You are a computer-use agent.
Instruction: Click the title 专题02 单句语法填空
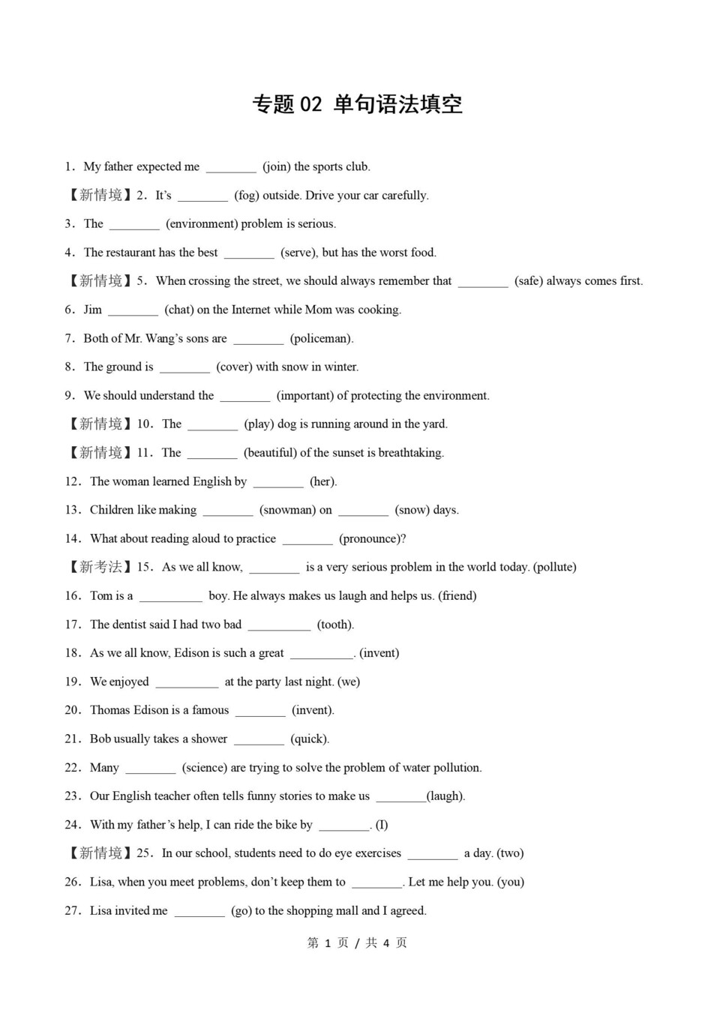[x=357, y=104]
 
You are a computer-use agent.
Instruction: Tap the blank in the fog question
[x=202, y=196]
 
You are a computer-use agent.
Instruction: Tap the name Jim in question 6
[x=93, y=310]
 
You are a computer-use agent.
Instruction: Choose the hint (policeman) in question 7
[x=322, y=338]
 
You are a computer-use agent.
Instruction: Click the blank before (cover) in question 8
[x=184, y=367]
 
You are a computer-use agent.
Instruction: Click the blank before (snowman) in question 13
[x=228, y=511]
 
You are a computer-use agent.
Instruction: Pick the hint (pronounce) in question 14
[x=372, y=539]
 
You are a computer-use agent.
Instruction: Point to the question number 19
[x=72, y=682]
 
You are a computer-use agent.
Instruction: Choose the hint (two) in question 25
[x=510, y=853]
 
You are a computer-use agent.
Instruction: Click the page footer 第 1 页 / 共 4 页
[x=357, y=943]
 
